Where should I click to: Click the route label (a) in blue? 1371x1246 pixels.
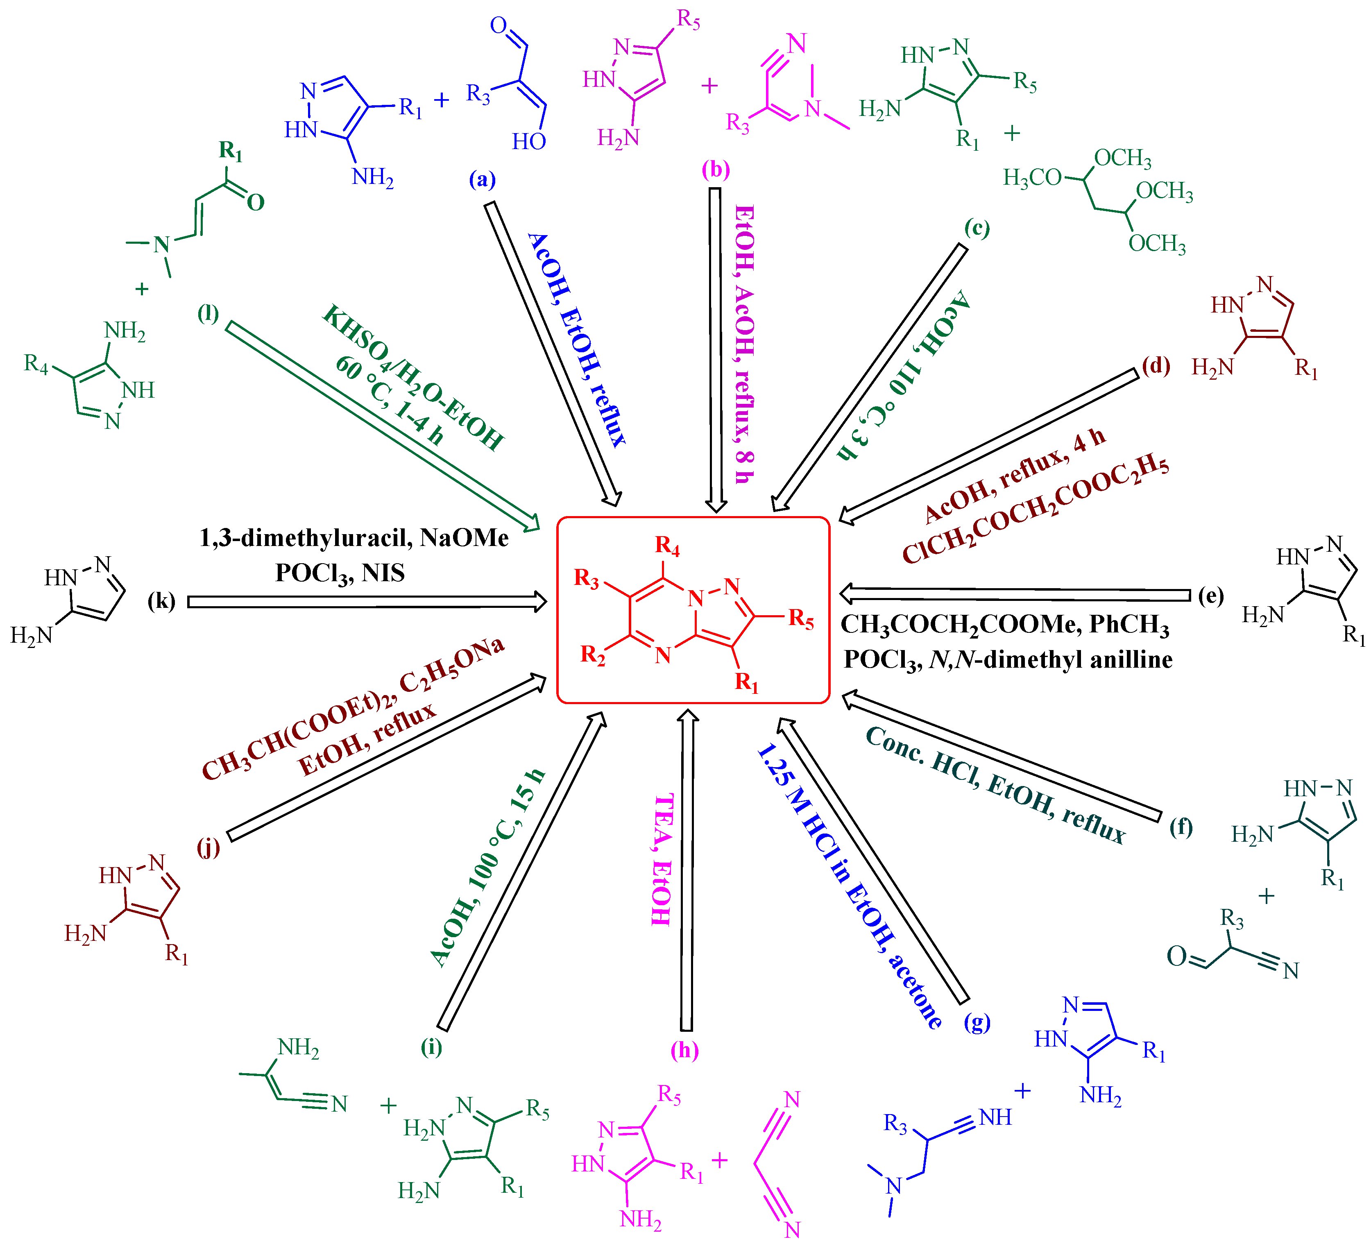pyautogui.click(x=482, y=179)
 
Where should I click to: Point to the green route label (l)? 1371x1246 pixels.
pyautogui.click(x=208, y=313)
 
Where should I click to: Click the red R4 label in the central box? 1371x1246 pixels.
pyautogui.click(x=667, y=546)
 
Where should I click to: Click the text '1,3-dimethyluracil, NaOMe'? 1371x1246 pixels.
pyautogui.click(x=354, y=538)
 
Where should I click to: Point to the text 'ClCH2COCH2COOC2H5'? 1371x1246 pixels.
pyautogui.click(x=1035, y=510)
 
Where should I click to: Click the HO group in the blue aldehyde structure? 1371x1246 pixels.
pyautogui.click(x=528, y=141)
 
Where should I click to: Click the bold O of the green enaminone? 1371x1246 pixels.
pyautogui.click(x=256, y=202)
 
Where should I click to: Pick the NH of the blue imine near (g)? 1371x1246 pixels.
pyautogui.click(x=995, y=1117)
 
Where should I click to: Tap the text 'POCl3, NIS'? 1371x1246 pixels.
pyautogui.click(x=340, y=573)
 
